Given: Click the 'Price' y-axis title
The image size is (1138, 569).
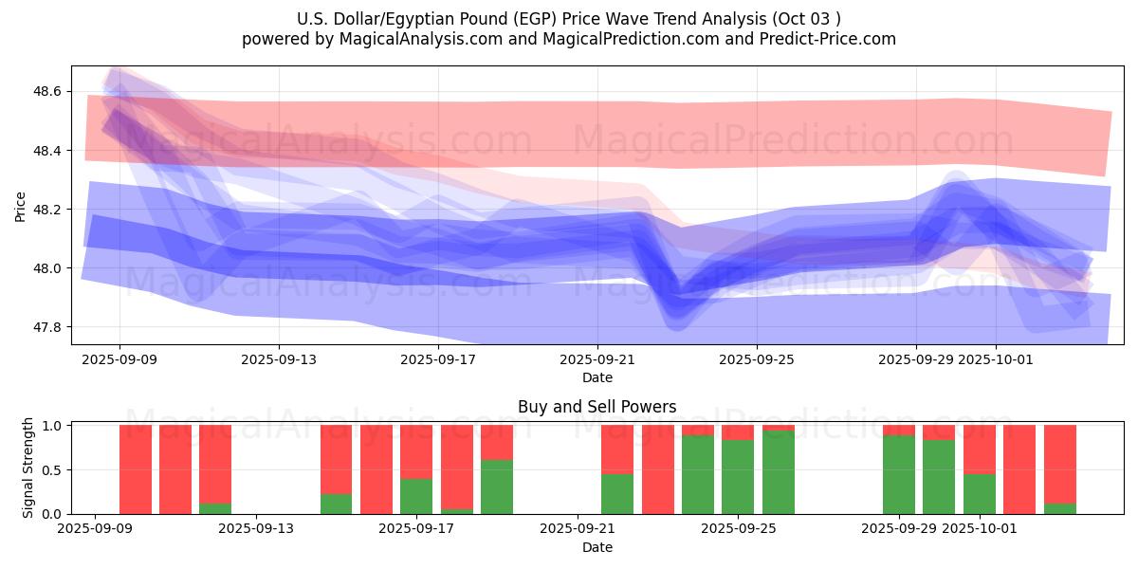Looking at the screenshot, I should click(21, 205).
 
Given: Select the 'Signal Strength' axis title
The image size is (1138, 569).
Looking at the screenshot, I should click(28, 468).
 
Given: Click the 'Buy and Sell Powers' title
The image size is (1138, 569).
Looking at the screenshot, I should click(597, 407).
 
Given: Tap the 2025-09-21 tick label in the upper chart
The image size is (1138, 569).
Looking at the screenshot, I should click(597, 359).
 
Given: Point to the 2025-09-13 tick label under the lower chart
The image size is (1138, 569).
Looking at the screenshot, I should click(256, 529).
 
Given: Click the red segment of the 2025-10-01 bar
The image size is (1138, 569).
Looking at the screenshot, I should click(979, 449).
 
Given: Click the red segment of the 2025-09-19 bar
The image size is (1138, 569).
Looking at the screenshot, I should click(497, 442).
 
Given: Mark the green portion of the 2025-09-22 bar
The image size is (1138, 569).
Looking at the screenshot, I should click(617, 493).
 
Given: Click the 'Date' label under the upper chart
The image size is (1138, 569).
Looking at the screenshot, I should click(597, 377).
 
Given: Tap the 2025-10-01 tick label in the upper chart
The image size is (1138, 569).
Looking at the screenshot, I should click(996, 359).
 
